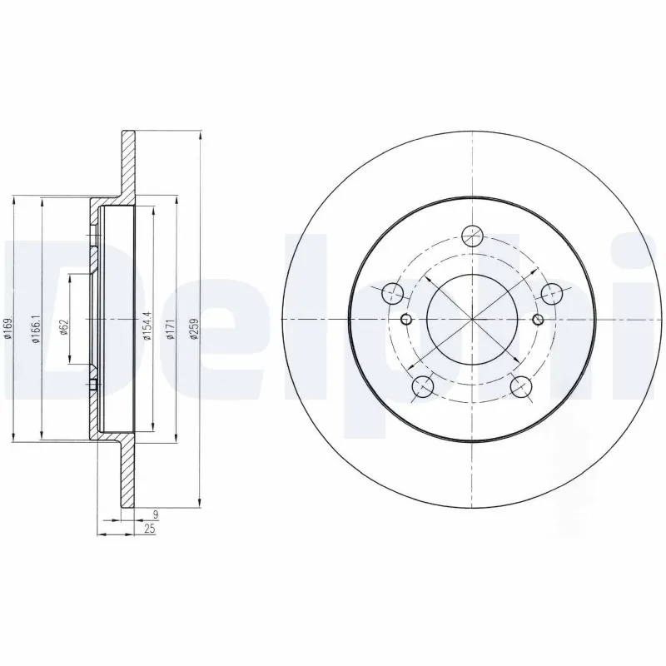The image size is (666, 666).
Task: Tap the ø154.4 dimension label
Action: (x=146, y=321)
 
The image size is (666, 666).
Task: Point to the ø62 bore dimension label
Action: (x=63, y=325)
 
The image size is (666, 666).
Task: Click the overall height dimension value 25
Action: (x=149, y=530)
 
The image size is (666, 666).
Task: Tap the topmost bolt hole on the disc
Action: (x=472, y=236)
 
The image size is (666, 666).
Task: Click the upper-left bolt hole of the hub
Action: (x=392, y=293)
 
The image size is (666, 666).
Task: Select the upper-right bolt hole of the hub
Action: (x=551, y=293)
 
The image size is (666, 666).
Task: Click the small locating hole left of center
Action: (x=406, y=320)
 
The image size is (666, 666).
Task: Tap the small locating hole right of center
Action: (x=538, y=320)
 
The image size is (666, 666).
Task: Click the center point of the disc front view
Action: (x=472, y=320)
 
